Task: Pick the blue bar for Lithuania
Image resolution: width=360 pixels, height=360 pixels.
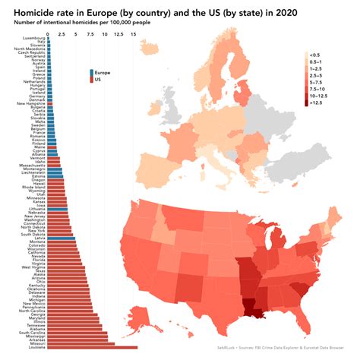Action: [x=58, y=207]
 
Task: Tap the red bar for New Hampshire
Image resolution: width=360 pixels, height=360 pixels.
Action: [x=50, y=103]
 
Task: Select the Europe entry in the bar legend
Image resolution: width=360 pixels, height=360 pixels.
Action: [x=103, y=72]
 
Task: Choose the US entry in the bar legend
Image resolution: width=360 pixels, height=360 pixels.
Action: [x=98, y=79]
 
